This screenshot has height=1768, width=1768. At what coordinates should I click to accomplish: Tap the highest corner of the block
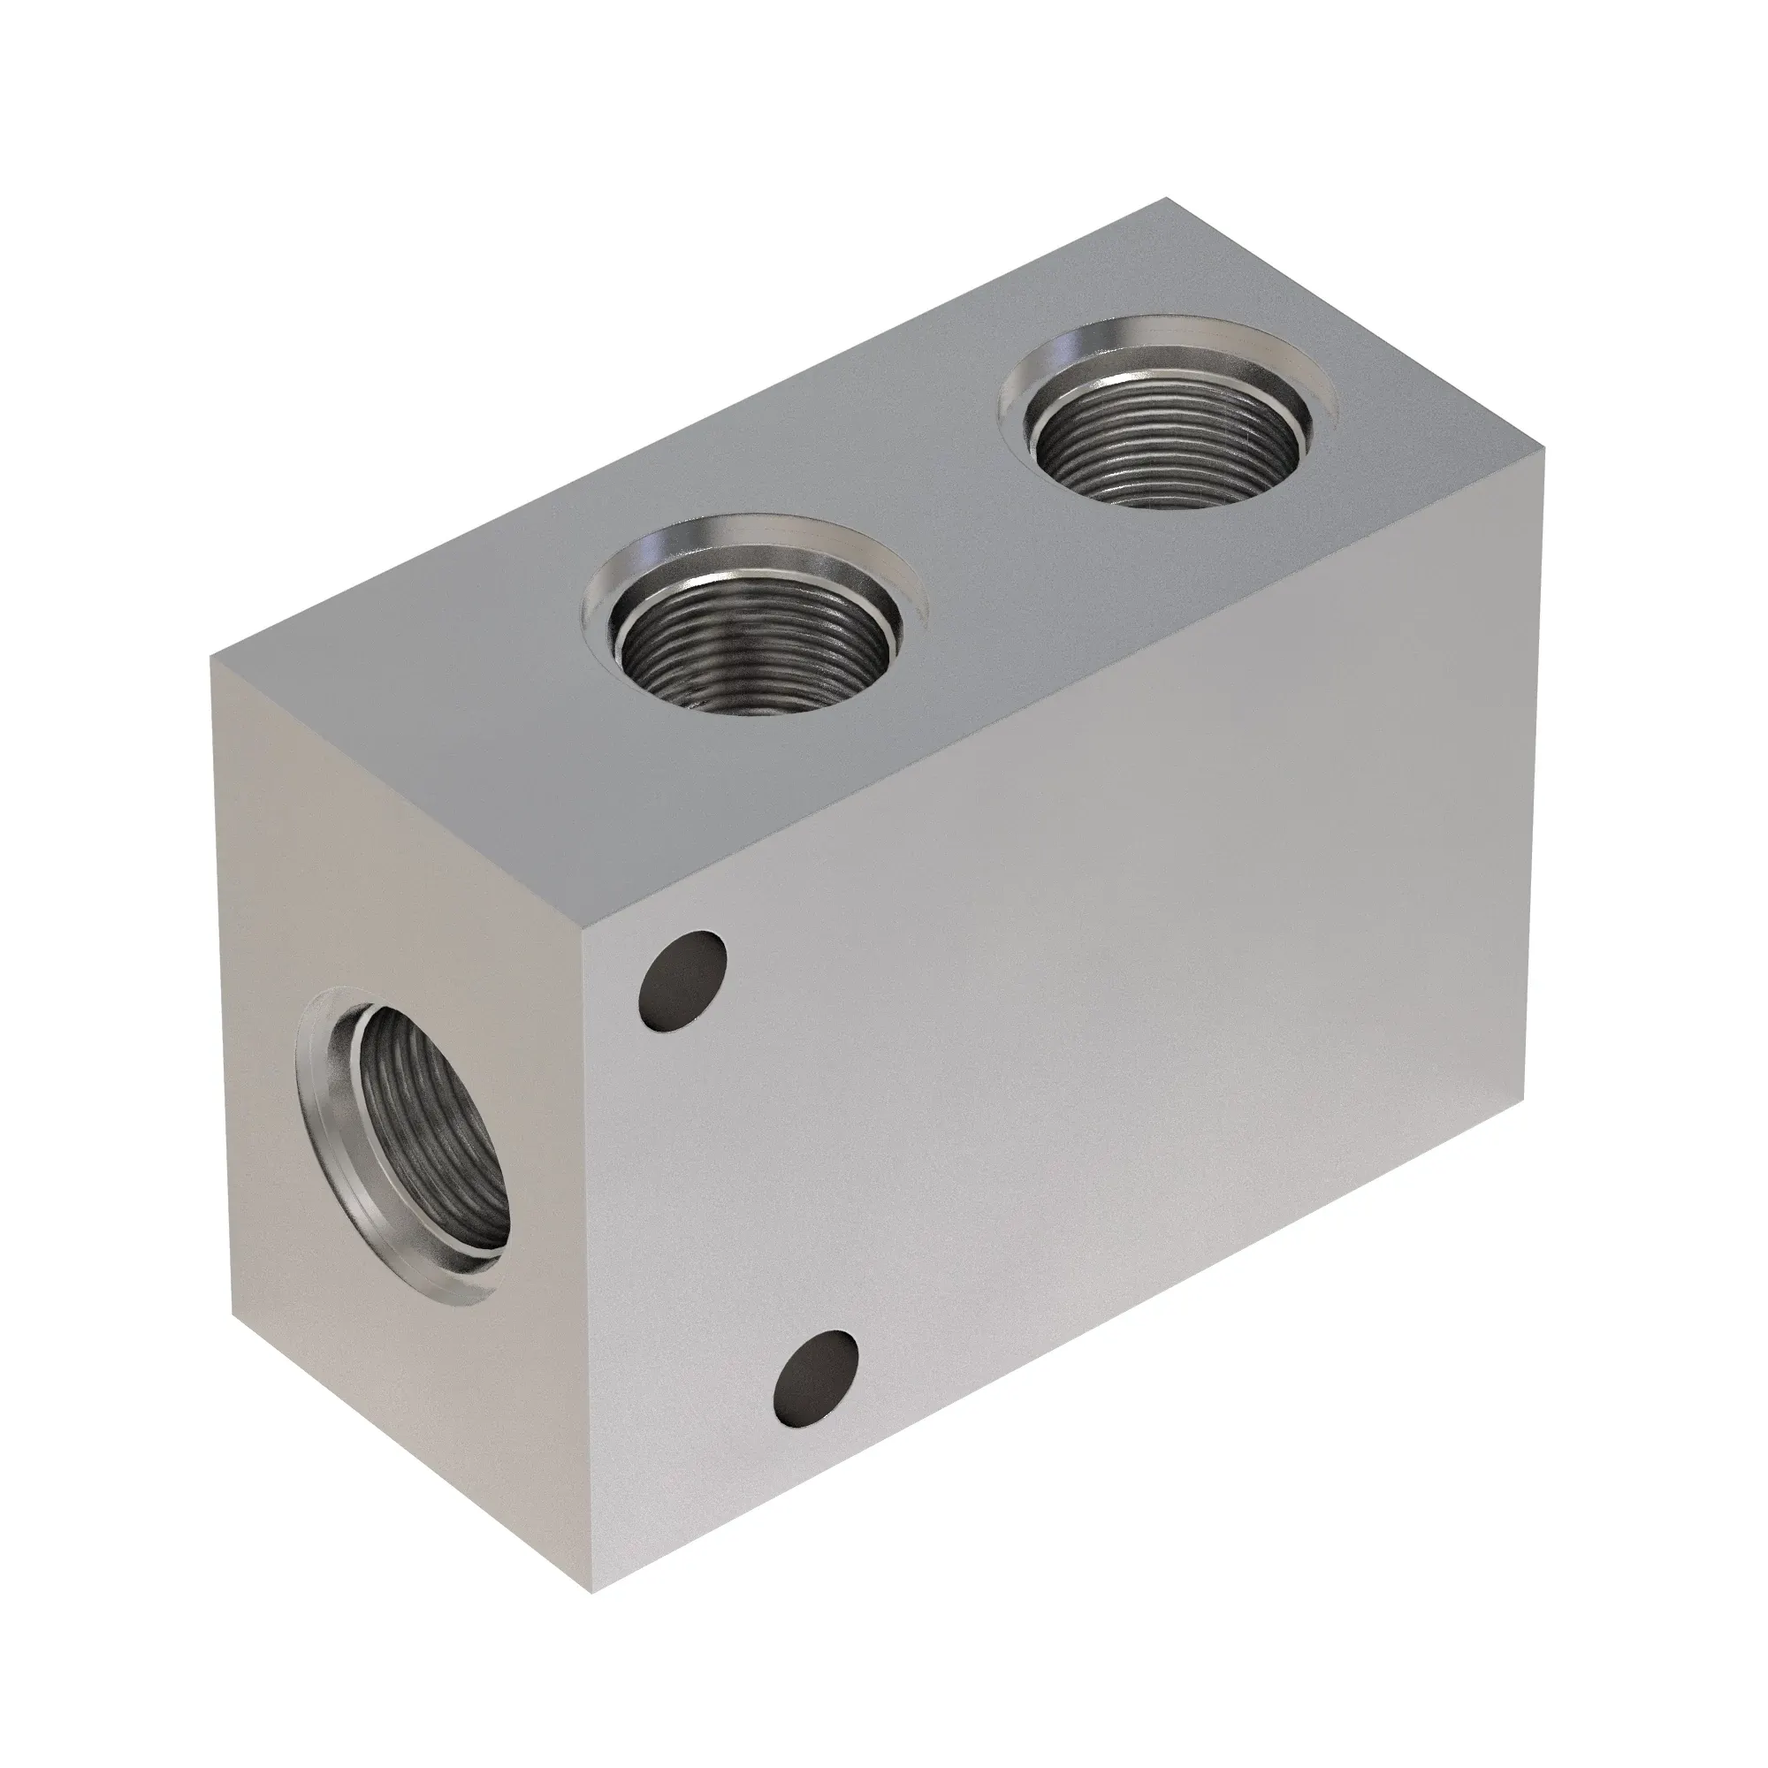(1166, 198)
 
